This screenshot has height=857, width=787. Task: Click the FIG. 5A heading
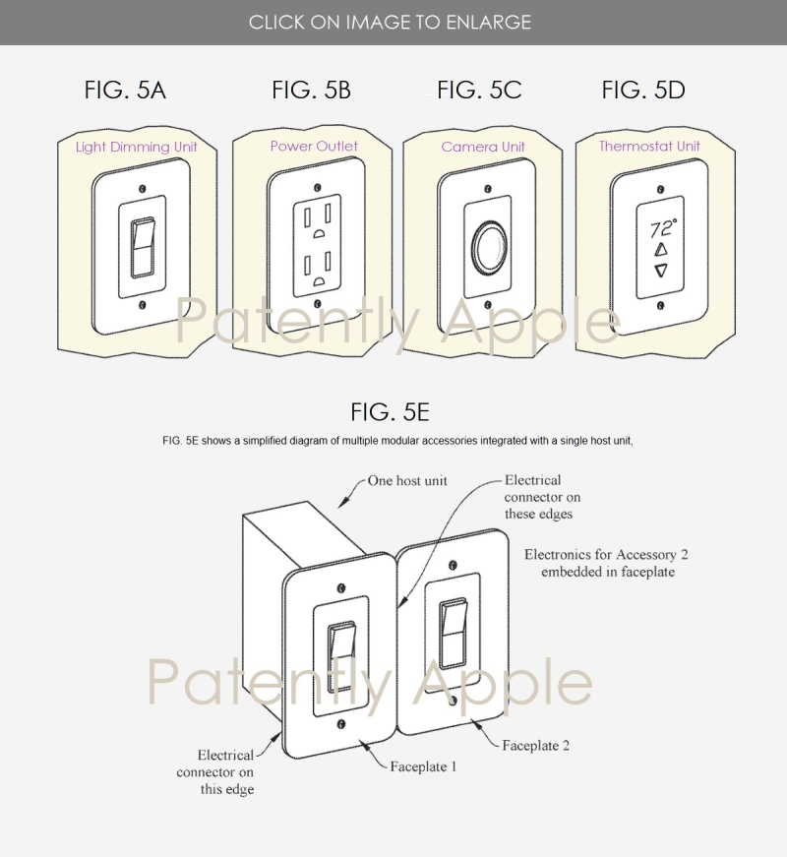click(x=125, y=90)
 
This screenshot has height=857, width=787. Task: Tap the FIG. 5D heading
click(x=642, y=90)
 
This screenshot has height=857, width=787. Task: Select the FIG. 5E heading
click(x=390, y=411)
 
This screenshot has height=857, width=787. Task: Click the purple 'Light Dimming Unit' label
click(x=136, y=147)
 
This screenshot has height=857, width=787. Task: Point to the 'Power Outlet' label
click(x=314, y=146)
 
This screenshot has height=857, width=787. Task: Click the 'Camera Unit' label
click(x=483, y=147)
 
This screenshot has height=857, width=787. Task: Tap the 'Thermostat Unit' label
click(x=649, y=146)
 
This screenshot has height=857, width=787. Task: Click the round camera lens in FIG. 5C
click(x=488, y=247)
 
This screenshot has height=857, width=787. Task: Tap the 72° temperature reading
click(x=663, y=228)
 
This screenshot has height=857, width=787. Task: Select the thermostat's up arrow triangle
click(x=661, y=250)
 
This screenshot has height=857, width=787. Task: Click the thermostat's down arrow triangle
click(x=661, y=270)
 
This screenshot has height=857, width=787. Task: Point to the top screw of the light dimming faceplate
click(x=143, y=189)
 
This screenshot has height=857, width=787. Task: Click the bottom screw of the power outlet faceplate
click(x=317, y=303)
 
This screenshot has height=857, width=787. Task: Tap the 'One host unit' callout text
click(x=407, y=480)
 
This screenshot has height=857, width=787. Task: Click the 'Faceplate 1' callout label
click(x=423, y=766)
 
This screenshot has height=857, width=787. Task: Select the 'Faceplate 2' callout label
click(x=535, y=745)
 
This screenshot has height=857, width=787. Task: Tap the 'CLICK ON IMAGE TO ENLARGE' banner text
click(x=390, y=23)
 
